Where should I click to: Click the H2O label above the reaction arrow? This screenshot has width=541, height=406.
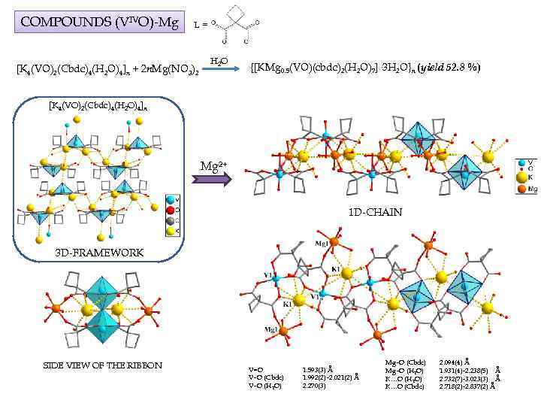(x=217, y=60)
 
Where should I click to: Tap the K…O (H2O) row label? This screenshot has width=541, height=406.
(x=405, y=378)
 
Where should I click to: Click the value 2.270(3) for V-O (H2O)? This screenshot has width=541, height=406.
(x=313, y=386)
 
